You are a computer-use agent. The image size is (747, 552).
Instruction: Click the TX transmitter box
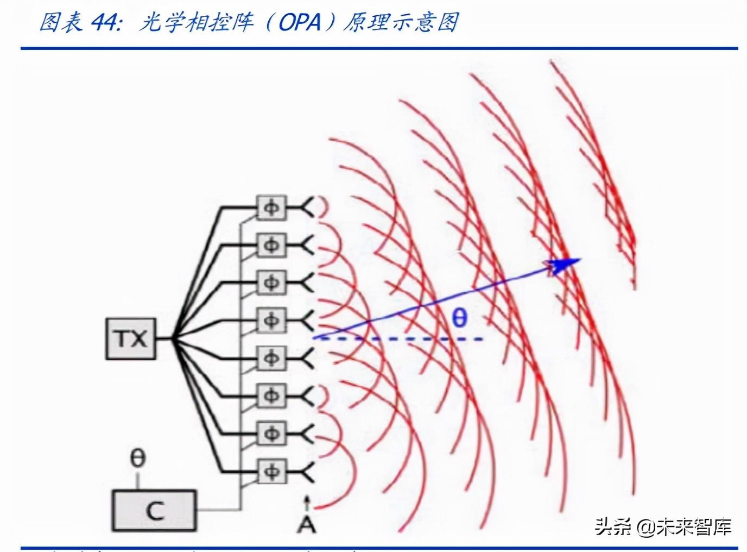131,339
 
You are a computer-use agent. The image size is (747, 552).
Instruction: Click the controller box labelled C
155,510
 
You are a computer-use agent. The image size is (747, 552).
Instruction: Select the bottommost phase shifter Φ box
271,471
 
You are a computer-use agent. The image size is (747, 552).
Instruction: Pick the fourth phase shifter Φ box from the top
271,321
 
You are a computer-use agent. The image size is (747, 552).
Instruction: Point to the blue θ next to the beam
459,317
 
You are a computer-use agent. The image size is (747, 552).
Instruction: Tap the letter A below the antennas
307,524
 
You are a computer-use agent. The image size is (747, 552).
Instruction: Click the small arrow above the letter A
307,503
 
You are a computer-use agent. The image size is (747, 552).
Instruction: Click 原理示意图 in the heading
401,23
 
